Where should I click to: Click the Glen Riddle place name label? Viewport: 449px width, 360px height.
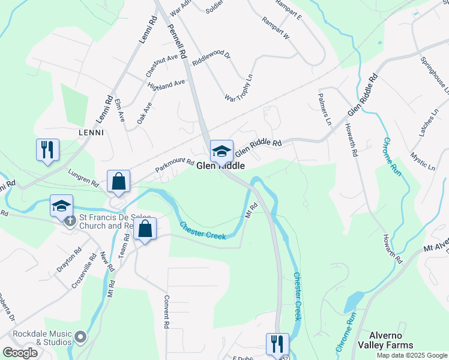point(220,166)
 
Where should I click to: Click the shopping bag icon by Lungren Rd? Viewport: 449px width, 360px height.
point(119,181)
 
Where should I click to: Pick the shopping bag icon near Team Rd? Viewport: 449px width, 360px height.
point(145,229)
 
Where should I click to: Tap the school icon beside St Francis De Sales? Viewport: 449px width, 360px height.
point(62,206)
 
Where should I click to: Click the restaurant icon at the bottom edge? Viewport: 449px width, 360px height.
point(277,344)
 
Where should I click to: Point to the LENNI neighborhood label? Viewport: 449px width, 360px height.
point(91,132)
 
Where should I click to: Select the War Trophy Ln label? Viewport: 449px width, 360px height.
point(239,88)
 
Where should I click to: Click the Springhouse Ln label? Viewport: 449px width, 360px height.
point(435,76)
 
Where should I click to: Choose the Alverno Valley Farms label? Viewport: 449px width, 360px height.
point(385,340)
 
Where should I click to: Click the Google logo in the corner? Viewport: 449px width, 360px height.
point(20,353)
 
